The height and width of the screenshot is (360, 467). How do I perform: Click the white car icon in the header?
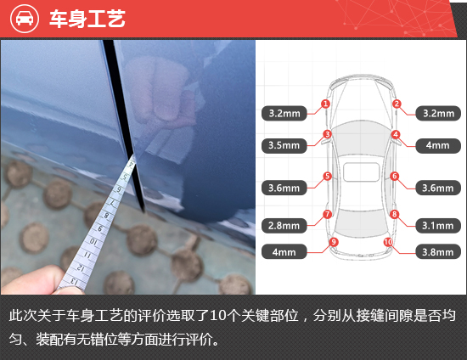click(25, 19)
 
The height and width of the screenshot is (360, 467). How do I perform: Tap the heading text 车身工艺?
click(87, 19)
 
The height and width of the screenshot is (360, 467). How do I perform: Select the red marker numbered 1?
click(325, 104)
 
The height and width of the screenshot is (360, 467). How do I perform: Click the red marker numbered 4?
click(396, 135)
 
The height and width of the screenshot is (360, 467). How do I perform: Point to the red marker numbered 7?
click(327, 214)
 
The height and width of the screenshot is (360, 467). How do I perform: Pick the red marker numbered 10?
click(388, 242)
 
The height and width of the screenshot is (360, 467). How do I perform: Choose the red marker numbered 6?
click(395, 176)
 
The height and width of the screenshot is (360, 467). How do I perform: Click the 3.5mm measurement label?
click(284, 145)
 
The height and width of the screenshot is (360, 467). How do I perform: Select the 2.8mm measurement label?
click(284, 226)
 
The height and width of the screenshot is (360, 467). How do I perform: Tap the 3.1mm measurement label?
click(438, 226)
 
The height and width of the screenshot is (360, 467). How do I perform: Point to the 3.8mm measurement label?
click(438, 252)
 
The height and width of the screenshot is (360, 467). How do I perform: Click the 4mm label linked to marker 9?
click(284, 252)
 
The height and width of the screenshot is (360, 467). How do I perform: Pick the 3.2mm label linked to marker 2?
click(438, 114)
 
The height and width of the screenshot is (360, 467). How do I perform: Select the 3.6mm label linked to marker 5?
click(284, 188)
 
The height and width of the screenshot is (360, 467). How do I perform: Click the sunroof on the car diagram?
click(361, 172)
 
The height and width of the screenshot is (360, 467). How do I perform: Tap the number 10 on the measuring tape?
click(93, 241)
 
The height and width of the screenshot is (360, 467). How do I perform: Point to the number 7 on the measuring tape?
click(112, 204)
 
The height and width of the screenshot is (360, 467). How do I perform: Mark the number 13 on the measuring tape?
click(75, 281)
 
